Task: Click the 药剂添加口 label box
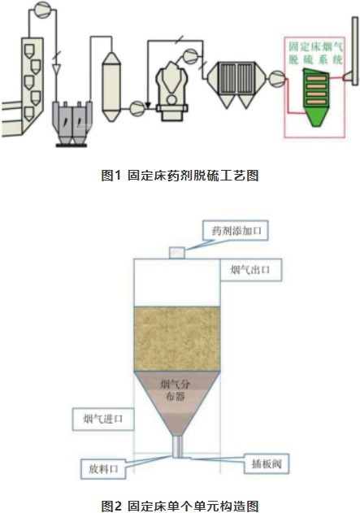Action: point(236,231)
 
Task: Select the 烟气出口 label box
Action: point(250,270)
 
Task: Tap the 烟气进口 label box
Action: point(103,419)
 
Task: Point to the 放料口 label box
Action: point(103,469)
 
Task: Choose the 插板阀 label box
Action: point(267,463)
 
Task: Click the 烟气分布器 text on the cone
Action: point(176,390)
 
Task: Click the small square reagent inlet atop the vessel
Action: point(177,253)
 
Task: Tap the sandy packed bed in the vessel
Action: point(177,339)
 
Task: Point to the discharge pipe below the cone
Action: point(177,446)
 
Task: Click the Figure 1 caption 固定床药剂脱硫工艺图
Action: point(180,176)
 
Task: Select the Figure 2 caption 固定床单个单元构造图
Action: point(180,506)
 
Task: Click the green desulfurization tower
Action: point(316,98)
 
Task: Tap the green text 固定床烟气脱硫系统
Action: point(315,53)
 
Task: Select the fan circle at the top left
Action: point(43,10)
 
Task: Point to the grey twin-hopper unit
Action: point(72,124)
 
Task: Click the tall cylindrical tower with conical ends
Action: point(111,87)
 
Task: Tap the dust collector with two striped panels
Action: point(236,85)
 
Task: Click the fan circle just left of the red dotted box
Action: point(277,79)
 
